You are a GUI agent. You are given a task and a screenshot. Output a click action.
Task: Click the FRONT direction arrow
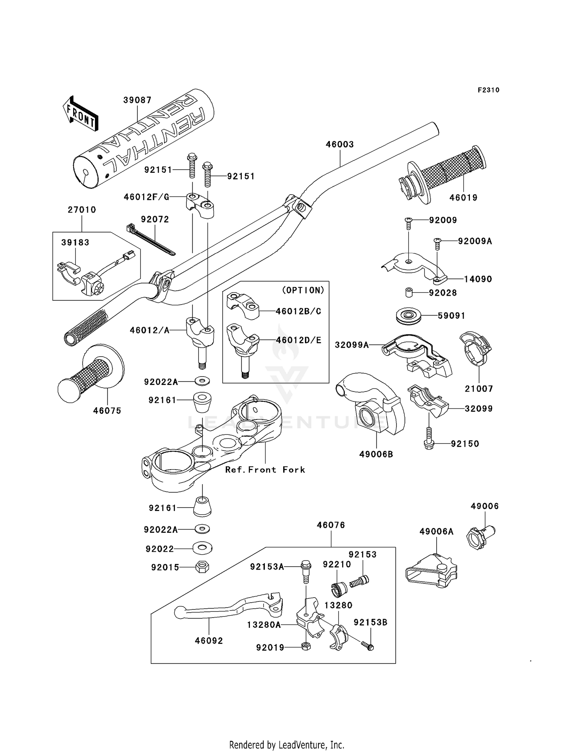coord(81,113)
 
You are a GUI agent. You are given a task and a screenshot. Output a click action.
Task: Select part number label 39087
coord(137,100)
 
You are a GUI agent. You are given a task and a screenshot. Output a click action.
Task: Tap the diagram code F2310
coord(488,90)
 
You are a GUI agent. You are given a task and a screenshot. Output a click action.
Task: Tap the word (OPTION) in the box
coord(303,290)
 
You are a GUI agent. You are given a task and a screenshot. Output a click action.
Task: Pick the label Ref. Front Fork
coord(265,470)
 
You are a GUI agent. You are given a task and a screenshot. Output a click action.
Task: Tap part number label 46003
coord(340,144)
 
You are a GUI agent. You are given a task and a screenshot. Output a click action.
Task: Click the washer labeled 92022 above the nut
coord(202,548)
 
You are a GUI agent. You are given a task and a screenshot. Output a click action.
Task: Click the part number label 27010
coord(82,210)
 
